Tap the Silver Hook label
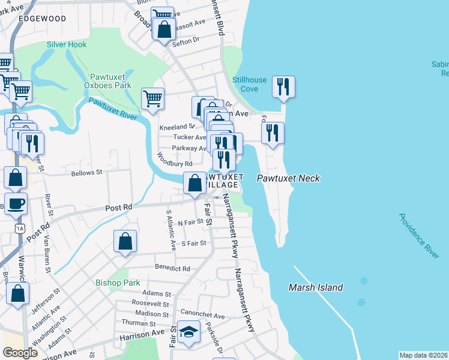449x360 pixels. point(67,44)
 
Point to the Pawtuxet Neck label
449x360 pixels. point(288,178)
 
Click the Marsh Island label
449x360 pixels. point(315,287)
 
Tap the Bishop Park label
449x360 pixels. point(118,282)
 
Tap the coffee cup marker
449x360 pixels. point(16,203)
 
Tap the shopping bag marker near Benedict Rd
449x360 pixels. point(125,241)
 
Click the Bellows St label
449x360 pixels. point(87,173)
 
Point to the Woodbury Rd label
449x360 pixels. point(175,160)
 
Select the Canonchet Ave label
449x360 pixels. point(206,316)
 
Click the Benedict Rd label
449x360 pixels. point(172,269)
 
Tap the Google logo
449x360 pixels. point(20,353)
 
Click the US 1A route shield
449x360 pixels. point(20,228)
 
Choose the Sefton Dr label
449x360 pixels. point(185,41)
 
